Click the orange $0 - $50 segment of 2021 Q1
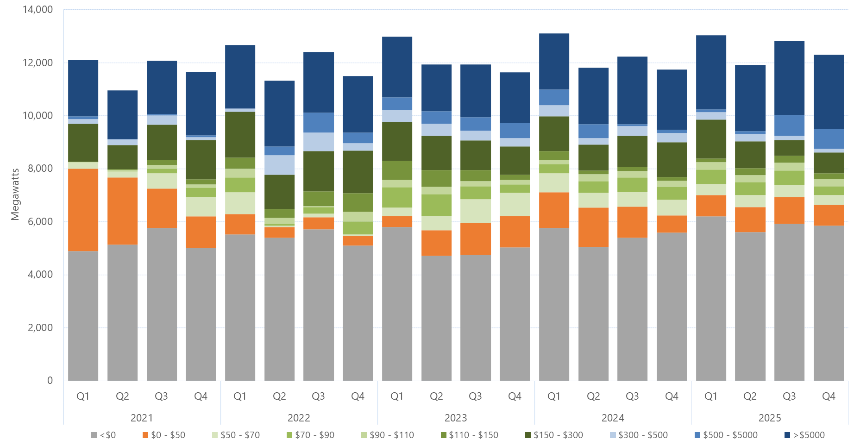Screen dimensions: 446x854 tap(83, 210)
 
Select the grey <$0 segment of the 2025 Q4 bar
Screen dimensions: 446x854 tap(829, 303)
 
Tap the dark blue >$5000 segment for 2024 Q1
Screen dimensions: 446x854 tap(554, 62)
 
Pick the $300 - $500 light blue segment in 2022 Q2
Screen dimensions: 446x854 tap(279, 165)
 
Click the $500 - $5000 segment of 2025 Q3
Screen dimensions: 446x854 tap(789, 125)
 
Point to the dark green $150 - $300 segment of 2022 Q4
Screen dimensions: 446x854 tap(358, 172)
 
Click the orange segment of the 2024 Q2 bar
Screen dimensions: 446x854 tap(593, 227)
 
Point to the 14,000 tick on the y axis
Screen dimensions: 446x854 tap(38, 10)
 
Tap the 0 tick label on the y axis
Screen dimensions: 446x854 tap(50, 381)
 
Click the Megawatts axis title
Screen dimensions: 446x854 tap(15, 194)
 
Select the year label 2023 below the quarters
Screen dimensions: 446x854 tap(455, 418)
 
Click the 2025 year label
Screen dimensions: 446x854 tap(769, 418)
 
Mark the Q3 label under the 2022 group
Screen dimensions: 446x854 tap(318, 396)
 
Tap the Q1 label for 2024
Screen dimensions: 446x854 tap(554, 396)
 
